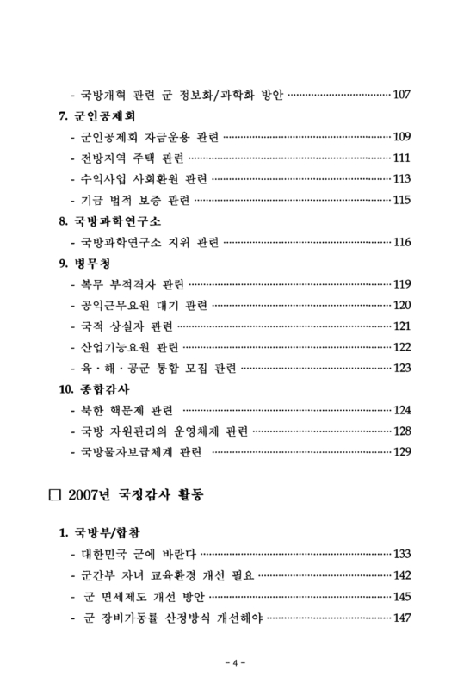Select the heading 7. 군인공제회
pos(98,115)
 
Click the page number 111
pos(401,158)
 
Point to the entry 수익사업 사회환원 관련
pos(145,179)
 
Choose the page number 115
pos(401,200)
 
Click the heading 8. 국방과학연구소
pos(110,221)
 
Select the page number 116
pos(401,242)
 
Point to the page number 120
pos(401,305)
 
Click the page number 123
pos(401,369)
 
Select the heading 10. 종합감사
pos(96,389)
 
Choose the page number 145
pos(401,596)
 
